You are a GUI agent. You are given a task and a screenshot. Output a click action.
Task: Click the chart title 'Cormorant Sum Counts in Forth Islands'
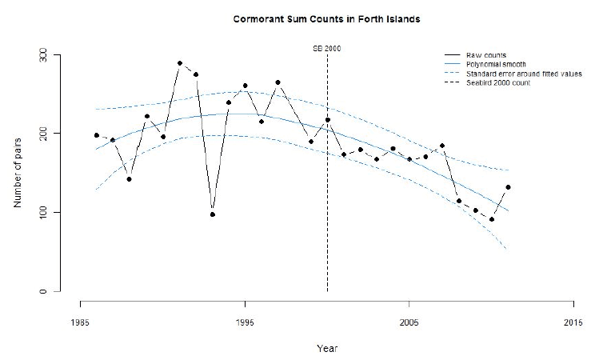coord(327,19)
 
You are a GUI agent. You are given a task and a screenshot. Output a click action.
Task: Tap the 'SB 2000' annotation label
coord(327,49)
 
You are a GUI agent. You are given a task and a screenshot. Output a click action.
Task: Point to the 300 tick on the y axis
coord(43,55)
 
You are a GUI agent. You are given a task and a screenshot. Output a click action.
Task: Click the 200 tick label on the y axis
coord(43,134)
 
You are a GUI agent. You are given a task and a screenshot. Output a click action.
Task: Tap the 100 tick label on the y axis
coord(43,212)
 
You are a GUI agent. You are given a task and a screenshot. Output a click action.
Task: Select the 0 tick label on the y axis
coord(43,291)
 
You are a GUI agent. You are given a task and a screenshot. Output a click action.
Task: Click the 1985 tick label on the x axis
coord(80,322)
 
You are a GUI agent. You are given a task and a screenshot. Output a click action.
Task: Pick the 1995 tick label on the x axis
coord(245,322)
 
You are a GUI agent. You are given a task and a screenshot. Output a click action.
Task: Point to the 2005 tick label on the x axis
coord(409,322)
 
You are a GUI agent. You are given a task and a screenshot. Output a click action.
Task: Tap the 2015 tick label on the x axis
coord(573,322)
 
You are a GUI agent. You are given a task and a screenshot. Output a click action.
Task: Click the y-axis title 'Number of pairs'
coord(18,173)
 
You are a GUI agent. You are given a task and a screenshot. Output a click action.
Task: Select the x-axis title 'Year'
coord(327,348)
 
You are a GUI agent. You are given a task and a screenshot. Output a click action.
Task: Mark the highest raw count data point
coord(179,63)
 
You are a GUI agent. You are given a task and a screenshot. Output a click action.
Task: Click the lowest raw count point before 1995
coord(213,214)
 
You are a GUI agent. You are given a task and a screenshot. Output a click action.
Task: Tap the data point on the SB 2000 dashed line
coord(327,120)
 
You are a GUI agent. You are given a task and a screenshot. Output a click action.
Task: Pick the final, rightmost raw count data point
coord(508,187)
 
